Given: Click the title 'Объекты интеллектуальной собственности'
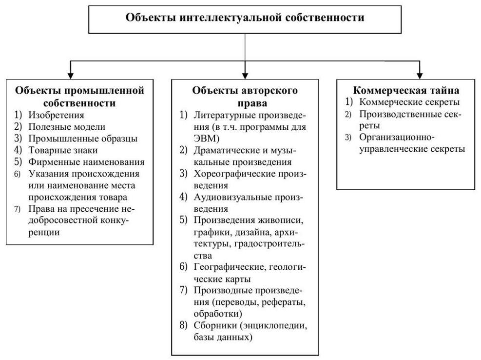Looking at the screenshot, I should click(245, 18).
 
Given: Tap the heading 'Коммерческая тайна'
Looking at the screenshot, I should click(405, 91).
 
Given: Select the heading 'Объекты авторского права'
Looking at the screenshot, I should click(245, 97).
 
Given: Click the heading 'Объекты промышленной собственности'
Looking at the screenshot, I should click(80, 97).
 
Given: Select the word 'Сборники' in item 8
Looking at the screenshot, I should click(213, 325).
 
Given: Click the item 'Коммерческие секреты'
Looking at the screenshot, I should click(409, 102).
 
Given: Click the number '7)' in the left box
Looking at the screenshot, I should click(18, 209).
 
